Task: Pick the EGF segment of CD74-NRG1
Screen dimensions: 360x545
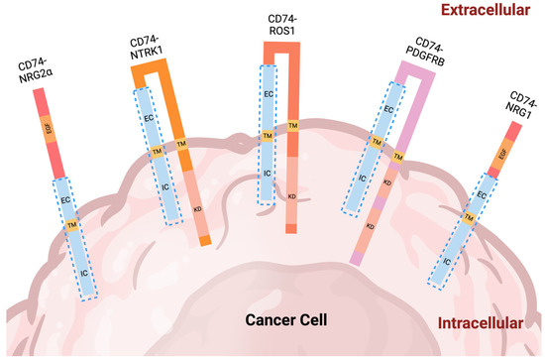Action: (x=501, y=157)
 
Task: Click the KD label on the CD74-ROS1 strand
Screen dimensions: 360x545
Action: (x=291, y=196)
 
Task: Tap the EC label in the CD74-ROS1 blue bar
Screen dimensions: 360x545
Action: (x=268, y=93)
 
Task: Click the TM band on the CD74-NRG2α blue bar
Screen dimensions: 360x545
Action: (x=71, y=226)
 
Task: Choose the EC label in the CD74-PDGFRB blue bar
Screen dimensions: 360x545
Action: (x=388, y=108)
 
